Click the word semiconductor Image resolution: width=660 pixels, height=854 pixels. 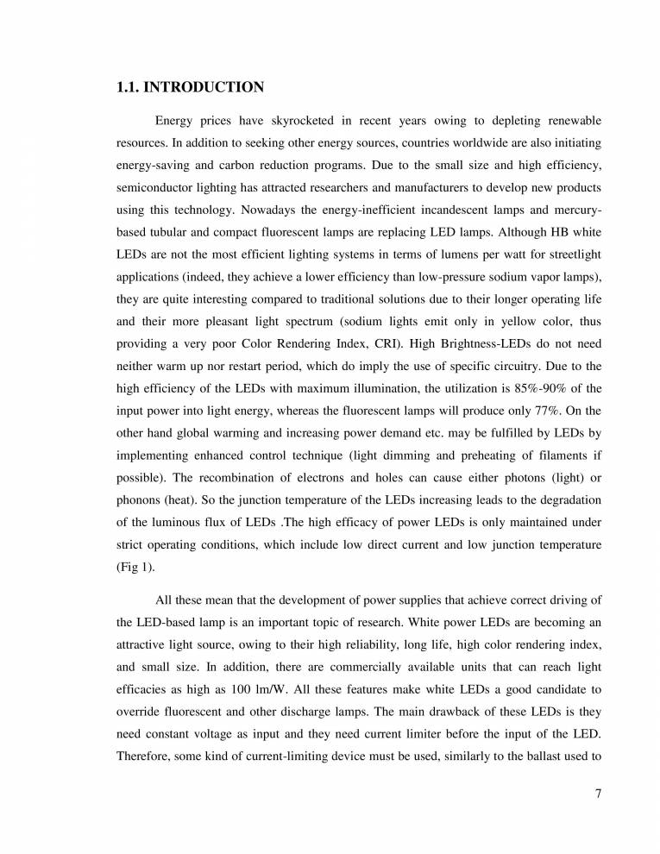pos(155,187)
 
